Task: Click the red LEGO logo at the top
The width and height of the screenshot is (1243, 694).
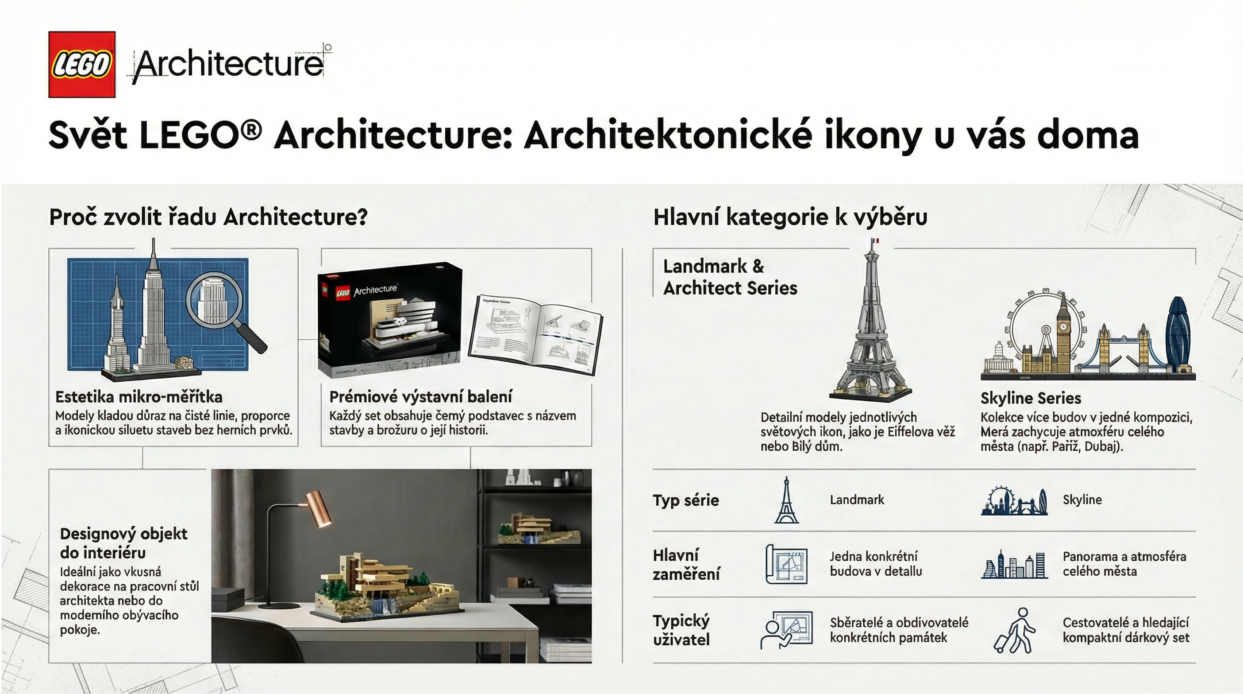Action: click(82, 65)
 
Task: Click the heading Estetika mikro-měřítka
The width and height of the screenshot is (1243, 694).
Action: click(139, 397)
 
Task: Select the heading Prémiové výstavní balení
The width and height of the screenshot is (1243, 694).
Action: click(420, 397)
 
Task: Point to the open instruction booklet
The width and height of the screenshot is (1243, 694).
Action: click(535, 334)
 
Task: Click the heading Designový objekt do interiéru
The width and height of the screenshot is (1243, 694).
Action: click(123, 543)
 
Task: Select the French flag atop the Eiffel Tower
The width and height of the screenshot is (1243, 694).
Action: click(875, 240)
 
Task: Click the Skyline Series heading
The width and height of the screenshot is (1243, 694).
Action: click(1031, 398)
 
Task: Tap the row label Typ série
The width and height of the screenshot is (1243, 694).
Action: click(686, 500)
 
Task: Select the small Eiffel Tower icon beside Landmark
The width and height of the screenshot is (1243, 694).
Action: click(786, 500)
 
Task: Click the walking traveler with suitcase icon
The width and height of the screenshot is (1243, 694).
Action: click(1014, 631)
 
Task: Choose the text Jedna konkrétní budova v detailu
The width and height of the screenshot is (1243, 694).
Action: click(876, 564)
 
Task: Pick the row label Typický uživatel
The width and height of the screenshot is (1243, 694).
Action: click(681, 630)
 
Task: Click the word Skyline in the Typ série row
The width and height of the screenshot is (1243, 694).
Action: click(1082, 500)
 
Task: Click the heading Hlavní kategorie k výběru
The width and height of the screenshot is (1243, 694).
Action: click(790, 217)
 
